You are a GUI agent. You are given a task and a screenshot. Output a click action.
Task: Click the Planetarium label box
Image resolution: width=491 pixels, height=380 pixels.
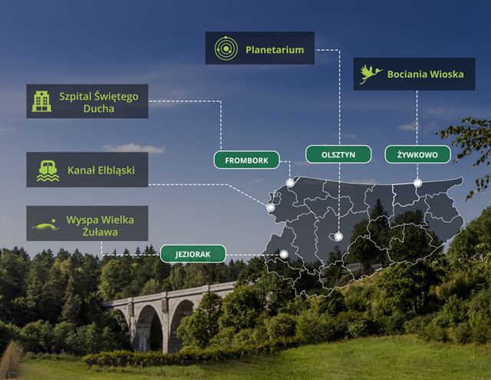pyautogui.click(x=259, y=48)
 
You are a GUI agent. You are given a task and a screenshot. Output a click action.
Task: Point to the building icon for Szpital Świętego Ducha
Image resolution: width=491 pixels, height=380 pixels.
pyautogui.click(x=41, y=101)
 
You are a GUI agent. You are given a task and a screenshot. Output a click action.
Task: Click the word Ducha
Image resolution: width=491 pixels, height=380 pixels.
pyautogui.click(x=99, y=109)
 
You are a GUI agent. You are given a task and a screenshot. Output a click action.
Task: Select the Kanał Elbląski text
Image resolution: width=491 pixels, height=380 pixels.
pyautogui.click(x=101, y=170)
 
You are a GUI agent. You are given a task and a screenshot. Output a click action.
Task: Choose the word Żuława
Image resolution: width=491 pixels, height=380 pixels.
pyautogui.click(x=100, y=231)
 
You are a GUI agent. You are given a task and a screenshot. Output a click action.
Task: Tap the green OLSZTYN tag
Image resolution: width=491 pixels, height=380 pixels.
pyautogui.click(x=338, y=154)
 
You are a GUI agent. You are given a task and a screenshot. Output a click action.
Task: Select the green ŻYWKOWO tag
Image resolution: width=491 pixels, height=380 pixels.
pyautogui.click(x=417, y=154)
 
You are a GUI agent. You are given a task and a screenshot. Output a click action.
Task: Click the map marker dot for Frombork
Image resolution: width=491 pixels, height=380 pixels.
pyautogui.click(x=290, y=183)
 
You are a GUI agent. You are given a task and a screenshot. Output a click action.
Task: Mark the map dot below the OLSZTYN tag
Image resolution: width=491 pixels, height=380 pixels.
pyautogui.click(x=338, y=237)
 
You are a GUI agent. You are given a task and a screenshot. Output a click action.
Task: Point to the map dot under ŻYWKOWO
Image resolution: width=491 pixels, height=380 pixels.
pyautogui.click(x=417, y=183)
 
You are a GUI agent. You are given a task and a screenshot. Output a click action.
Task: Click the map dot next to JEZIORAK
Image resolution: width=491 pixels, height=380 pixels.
pyautogui.click(x=284, y=254)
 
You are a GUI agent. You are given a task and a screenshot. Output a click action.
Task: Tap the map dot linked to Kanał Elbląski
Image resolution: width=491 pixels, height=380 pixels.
pyautogui.click(x=270, y=207)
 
